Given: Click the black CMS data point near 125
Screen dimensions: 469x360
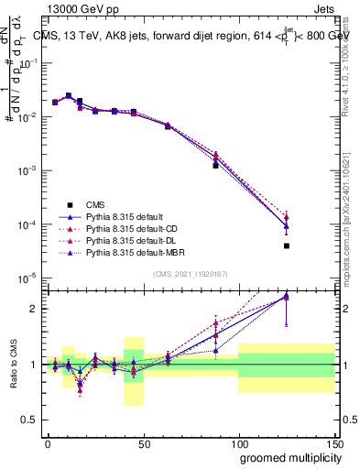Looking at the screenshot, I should click(287, 245).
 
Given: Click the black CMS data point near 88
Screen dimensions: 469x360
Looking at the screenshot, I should click(215, 166).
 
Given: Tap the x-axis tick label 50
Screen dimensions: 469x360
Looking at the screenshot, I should click(143, 442).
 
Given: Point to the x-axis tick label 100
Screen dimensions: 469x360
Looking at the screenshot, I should click(238, 442).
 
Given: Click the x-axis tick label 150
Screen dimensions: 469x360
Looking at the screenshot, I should click(333, 442).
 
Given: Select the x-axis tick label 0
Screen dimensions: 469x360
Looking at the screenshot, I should click(48, 442).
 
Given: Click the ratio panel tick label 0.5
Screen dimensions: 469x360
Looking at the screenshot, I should click(30, 420).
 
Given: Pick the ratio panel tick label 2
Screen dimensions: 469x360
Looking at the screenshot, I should click(35, 309).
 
